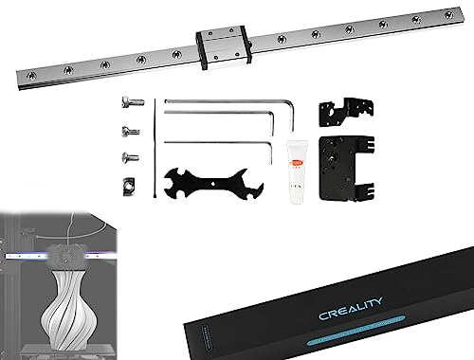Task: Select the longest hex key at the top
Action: click(x=228, y=100)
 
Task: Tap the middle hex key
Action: click(x=228, y=116)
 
